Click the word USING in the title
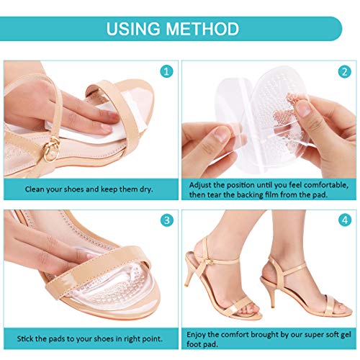click(138, 30)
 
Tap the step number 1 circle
click(166, 72)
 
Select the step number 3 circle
click(166, 221)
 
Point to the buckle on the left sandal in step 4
click(207, 258)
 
